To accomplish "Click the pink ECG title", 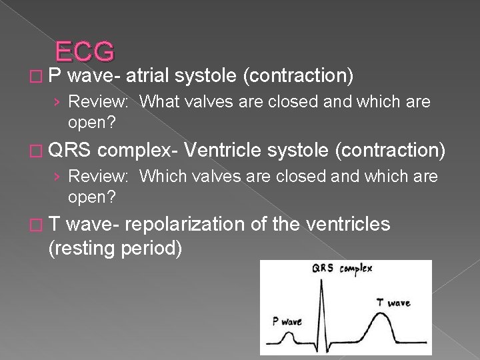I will click(85, 51).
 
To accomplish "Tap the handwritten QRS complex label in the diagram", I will click(341, 269).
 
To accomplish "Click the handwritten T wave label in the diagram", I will click(393, 302).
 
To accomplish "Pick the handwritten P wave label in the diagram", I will click(287, 321).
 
